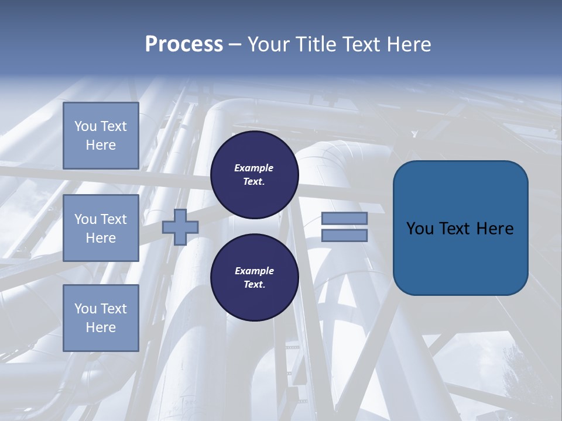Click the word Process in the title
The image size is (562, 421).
pyautogui.click(x=184, y=44)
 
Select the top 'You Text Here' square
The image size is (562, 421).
pyautogui.click(x=101, y=136)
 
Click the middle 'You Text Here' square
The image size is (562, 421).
pyautogui.click(x=101, y=228)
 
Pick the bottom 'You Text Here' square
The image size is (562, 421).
pyautogui.click(x=101, y=318)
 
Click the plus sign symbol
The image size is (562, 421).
pyautogui.click(x=180, y=227)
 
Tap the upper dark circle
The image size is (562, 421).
pyautogui.click(x=254, y=175)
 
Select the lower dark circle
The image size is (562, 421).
pyautogui.click(x=254, y=278)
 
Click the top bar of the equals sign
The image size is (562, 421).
pyautogui.click(x=344, y=218)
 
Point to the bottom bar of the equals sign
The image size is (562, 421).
pyautogui.click(x=344, y=235)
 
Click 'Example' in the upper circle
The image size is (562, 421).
pyautogui.click(x=253, y=168)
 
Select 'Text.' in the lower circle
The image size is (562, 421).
pyautogui.click(x=254, y=285)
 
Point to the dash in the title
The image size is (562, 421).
pyautogui.click(x=235, y=44)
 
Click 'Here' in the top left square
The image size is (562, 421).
pyautogui.click(x=101, y=145)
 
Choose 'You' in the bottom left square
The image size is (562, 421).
pyautogui.click(x=85, y=309)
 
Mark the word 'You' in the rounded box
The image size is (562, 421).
pyautogui.click(x=420, y=229)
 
